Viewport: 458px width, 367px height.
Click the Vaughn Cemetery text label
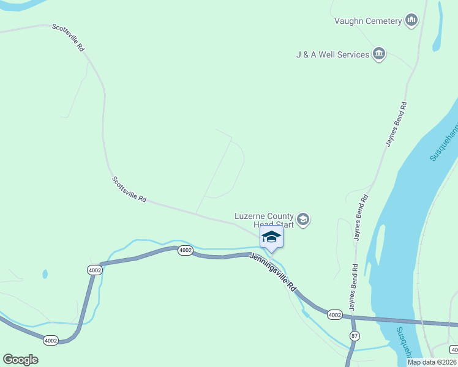[x=367, y=21]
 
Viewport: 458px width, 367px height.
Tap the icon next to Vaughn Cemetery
[x=411, y=21]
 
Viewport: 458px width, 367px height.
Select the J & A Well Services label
[x=332, y=54]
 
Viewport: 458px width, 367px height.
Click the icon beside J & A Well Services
[x=379, y=54]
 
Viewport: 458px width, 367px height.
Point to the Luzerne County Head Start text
[x=265, y=220]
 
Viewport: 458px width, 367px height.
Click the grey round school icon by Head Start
[x=302, y=220]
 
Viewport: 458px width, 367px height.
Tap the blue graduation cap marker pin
[x=271, y=237]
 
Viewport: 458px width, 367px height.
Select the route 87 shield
[x=355, y=336]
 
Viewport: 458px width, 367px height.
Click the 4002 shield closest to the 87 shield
[x=334, y=314]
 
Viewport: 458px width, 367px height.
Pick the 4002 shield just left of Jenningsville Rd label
[x=186, y=250]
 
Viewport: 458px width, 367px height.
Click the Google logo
[x=20, y=360]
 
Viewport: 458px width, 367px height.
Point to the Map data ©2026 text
[x=432, y=362]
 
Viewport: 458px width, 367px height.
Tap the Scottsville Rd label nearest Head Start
[x=129, y=190]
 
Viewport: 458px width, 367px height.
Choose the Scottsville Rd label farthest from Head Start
[x=68, y=37]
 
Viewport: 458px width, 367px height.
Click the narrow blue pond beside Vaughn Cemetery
[x=438, y=28]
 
